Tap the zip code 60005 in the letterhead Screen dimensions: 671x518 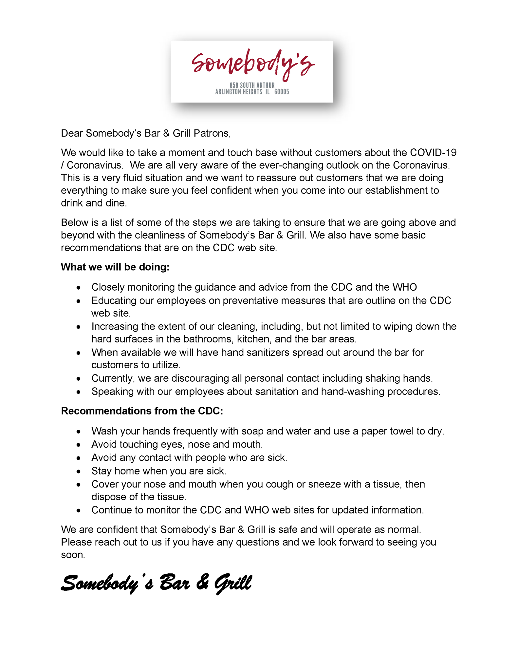click(x=282, y=92)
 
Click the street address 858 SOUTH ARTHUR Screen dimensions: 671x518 click(x=252, y=86)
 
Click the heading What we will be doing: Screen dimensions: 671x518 click(x=115, y=267)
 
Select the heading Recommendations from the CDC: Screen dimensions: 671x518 click(x=142, y=411)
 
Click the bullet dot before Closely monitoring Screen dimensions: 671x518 click(x=78, y=288)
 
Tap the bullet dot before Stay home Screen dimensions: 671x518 click(x=78, y=471)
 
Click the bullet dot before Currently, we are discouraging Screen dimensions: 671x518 click(x=78, y=379)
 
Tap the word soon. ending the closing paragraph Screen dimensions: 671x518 click(x=73, y=555)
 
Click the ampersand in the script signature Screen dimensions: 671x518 click(x=202, y=583)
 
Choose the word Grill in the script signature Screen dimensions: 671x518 click(x=233, y=583)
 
